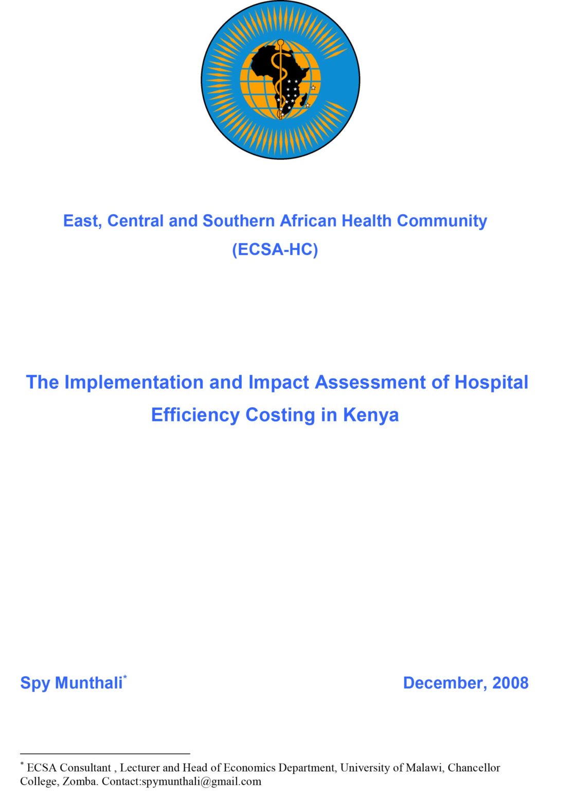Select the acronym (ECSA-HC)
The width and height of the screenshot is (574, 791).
[x=275, y=250]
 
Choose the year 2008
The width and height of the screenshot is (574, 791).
[x=510, y=683]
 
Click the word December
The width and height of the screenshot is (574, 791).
[x=443, y=683]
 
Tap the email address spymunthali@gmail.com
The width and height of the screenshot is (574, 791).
[x=201, y=782]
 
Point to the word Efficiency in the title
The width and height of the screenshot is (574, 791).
[x=195, y=415]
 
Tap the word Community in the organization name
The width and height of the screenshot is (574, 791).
[x=442, y=221]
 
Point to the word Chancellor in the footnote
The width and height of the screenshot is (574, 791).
[x=474, y=768]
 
